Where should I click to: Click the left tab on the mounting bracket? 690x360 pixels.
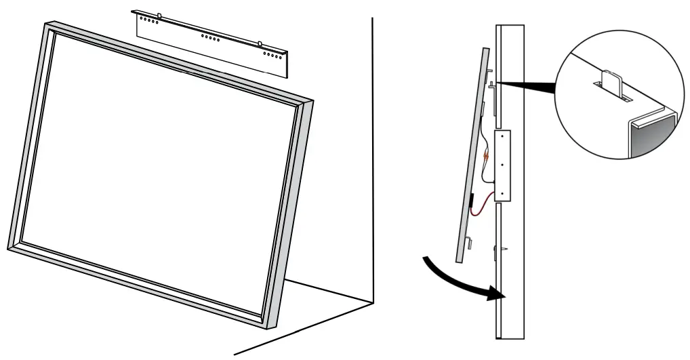[159, 15]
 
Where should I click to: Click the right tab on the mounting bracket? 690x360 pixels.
[260, 44]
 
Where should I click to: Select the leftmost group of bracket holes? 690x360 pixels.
[149, 21]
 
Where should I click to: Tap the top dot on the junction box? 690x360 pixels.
[502, 136]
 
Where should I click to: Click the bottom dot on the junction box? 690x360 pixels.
[502, 193]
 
